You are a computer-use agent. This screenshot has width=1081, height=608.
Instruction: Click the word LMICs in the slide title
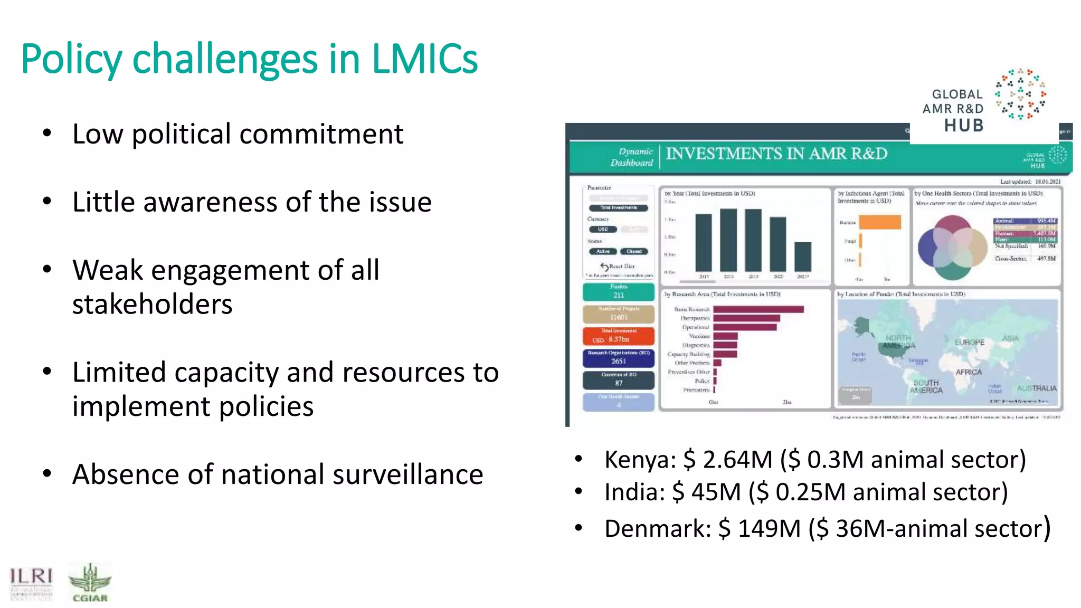coord(424,59)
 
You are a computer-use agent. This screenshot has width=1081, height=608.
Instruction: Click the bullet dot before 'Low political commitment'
coord(48,134)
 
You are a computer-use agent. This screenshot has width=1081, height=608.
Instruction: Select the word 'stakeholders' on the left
coord(152,305)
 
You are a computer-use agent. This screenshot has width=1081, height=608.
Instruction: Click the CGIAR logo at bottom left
coord(90,583)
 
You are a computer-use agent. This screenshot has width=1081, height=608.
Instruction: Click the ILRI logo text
coord(31,577)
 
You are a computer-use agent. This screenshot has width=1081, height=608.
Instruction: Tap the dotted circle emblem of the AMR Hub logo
coord(1020,94)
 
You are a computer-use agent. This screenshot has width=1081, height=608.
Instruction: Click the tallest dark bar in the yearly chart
coord(728,240)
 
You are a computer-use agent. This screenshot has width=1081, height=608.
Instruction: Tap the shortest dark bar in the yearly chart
coord(803,256)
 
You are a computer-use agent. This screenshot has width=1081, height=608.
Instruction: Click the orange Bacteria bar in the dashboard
coord(879,222)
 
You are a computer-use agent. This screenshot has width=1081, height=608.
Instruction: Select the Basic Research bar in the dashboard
coord(758,309)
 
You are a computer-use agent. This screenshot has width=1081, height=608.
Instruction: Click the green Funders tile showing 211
coord(619,292)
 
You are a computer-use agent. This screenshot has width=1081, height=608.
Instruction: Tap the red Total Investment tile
coord(619,336)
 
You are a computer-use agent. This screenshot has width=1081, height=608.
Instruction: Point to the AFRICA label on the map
coord(969,372)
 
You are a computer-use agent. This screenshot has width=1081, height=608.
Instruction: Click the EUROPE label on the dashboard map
coord(970,343)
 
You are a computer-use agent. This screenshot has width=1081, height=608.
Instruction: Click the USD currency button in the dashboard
coord(603,230)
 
